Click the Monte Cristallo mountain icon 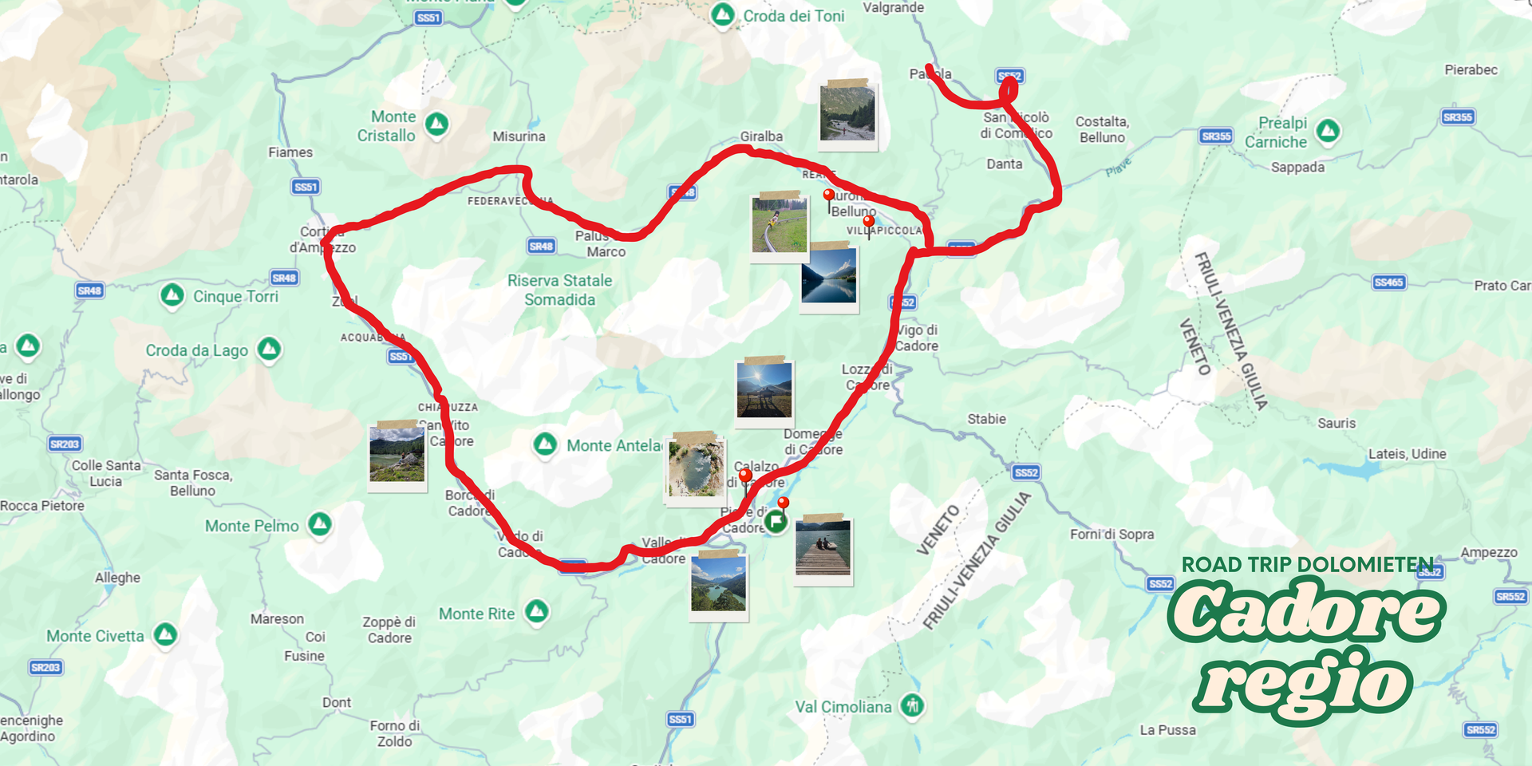click(436, 124)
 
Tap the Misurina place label click(519, 136)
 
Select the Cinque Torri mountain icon click(172, 295)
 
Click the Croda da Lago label click(196, 350)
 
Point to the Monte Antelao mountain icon click(545, 444)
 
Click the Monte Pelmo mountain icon click(320, 524)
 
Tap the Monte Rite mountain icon click(537, 612)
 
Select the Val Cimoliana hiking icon click(912, 705)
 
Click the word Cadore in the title click(1306, 612)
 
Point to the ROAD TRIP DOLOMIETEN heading click(1307, 565)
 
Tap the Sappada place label click(1297, 168)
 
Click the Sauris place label click(1337, 423)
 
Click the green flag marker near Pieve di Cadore click(776, 522)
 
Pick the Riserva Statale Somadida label click(559, 290)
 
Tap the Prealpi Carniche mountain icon click(1328, 131)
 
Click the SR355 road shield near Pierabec click(1457, 117)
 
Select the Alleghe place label click(117, 578)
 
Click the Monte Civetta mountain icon click(165, 634)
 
